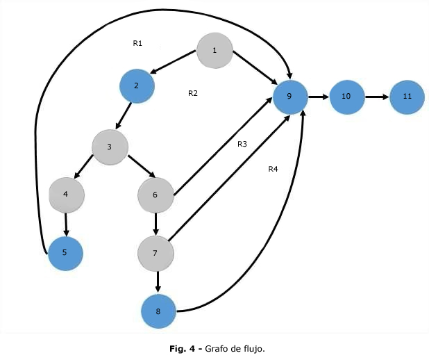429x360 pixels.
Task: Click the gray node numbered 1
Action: [x=214, y=50]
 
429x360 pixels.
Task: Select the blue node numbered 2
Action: [x=137, y=85]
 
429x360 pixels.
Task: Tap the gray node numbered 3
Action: [x=110, y=147]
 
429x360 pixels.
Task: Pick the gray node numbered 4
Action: [x=66, y=195]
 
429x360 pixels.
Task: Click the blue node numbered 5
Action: [x=65, y=253]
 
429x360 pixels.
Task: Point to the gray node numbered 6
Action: [x=155, y=195]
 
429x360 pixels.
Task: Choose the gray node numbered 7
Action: [x=156, y=252]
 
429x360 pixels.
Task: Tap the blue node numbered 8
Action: [x=158, y=311]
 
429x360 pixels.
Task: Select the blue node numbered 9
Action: [x=290, y=96]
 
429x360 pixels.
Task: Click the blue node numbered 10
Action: [x=346, y=96]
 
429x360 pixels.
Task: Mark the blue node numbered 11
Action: [x=407, y=96]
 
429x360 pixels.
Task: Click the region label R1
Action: [x=137, y=43]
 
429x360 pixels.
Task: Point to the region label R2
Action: [x=193, y=93]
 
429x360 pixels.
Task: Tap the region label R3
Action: [x=242, y=144]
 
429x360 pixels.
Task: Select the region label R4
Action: [x=273, y=169]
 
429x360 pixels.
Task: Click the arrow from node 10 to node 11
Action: [x=376, y=96]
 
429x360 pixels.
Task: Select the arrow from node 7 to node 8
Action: [x=158, y=281]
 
